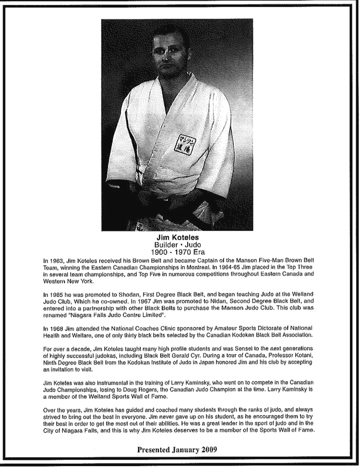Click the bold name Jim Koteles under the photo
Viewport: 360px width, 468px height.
coord(177,237)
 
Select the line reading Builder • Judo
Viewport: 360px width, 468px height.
coord(177,245)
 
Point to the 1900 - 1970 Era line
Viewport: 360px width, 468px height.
coord(177,252)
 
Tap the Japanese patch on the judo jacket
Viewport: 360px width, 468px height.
coord(185,144)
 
